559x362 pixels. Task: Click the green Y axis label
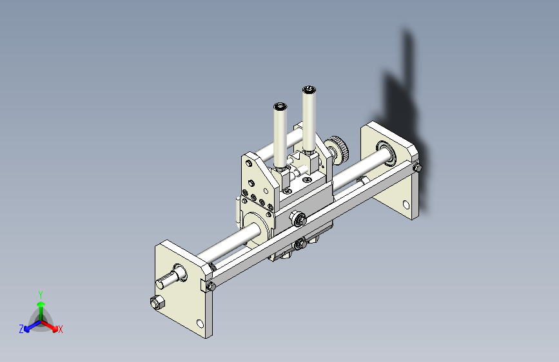point(40,293)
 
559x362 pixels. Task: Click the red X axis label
point(61,330)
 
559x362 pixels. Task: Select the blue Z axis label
point(21,329)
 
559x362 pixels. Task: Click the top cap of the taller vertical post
point(309,89)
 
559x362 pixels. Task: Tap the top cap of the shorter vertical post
point(280,106)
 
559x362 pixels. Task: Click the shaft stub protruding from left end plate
point(167,281)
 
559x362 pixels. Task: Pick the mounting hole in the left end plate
point(199,323)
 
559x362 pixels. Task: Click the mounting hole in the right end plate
point(406,205)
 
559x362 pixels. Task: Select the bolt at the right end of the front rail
point(417,168)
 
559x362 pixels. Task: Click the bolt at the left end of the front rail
point(210,286)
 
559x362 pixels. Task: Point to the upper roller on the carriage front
point(297,218)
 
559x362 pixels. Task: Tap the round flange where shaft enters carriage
point(254,229)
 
